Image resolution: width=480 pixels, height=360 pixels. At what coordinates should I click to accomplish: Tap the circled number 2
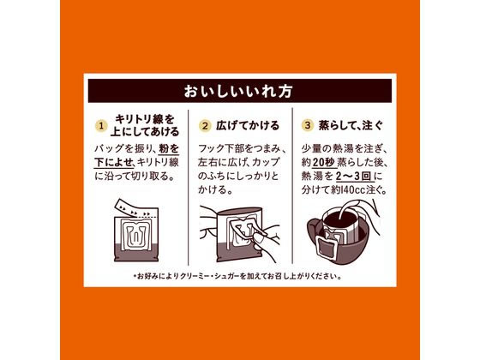pos(206,126)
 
